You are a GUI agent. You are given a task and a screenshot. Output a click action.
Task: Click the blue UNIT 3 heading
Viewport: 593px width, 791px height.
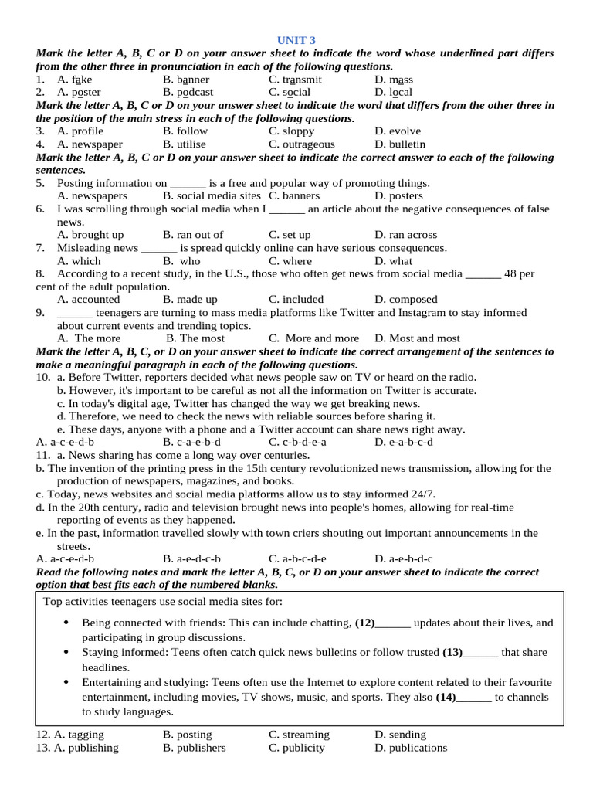pos(296,40)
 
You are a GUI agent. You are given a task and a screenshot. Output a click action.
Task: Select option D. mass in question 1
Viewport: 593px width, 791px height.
pos(394,80)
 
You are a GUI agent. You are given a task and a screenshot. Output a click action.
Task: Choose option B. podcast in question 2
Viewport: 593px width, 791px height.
pos(188,93)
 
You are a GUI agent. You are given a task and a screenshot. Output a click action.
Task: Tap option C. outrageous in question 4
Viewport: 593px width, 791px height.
pos(302,144)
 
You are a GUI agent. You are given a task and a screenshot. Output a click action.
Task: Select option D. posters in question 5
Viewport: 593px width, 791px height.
pos(398,196)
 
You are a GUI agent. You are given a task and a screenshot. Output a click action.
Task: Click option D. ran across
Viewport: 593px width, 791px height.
pos(405,235)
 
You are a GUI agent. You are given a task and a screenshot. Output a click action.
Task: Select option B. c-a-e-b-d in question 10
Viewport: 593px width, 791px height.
pos(191,442)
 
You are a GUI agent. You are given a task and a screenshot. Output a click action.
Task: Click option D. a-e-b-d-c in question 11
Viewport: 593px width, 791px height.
pos(404,558)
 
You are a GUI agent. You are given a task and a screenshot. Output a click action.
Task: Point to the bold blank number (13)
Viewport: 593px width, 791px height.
pos(452,652)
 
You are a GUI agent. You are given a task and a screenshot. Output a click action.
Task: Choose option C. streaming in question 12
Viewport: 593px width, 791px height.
pos(299,735)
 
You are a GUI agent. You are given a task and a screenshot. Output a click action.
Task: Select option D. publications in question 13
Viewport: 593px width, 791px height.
pos(411,748)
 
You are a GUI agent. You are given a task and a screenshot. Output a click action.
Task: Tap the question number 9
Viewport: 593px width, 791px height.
pos(40,313)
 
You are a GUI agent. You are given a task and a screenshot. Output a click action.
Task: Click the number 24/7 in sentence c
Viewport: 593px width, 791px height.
pos(423,494)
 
